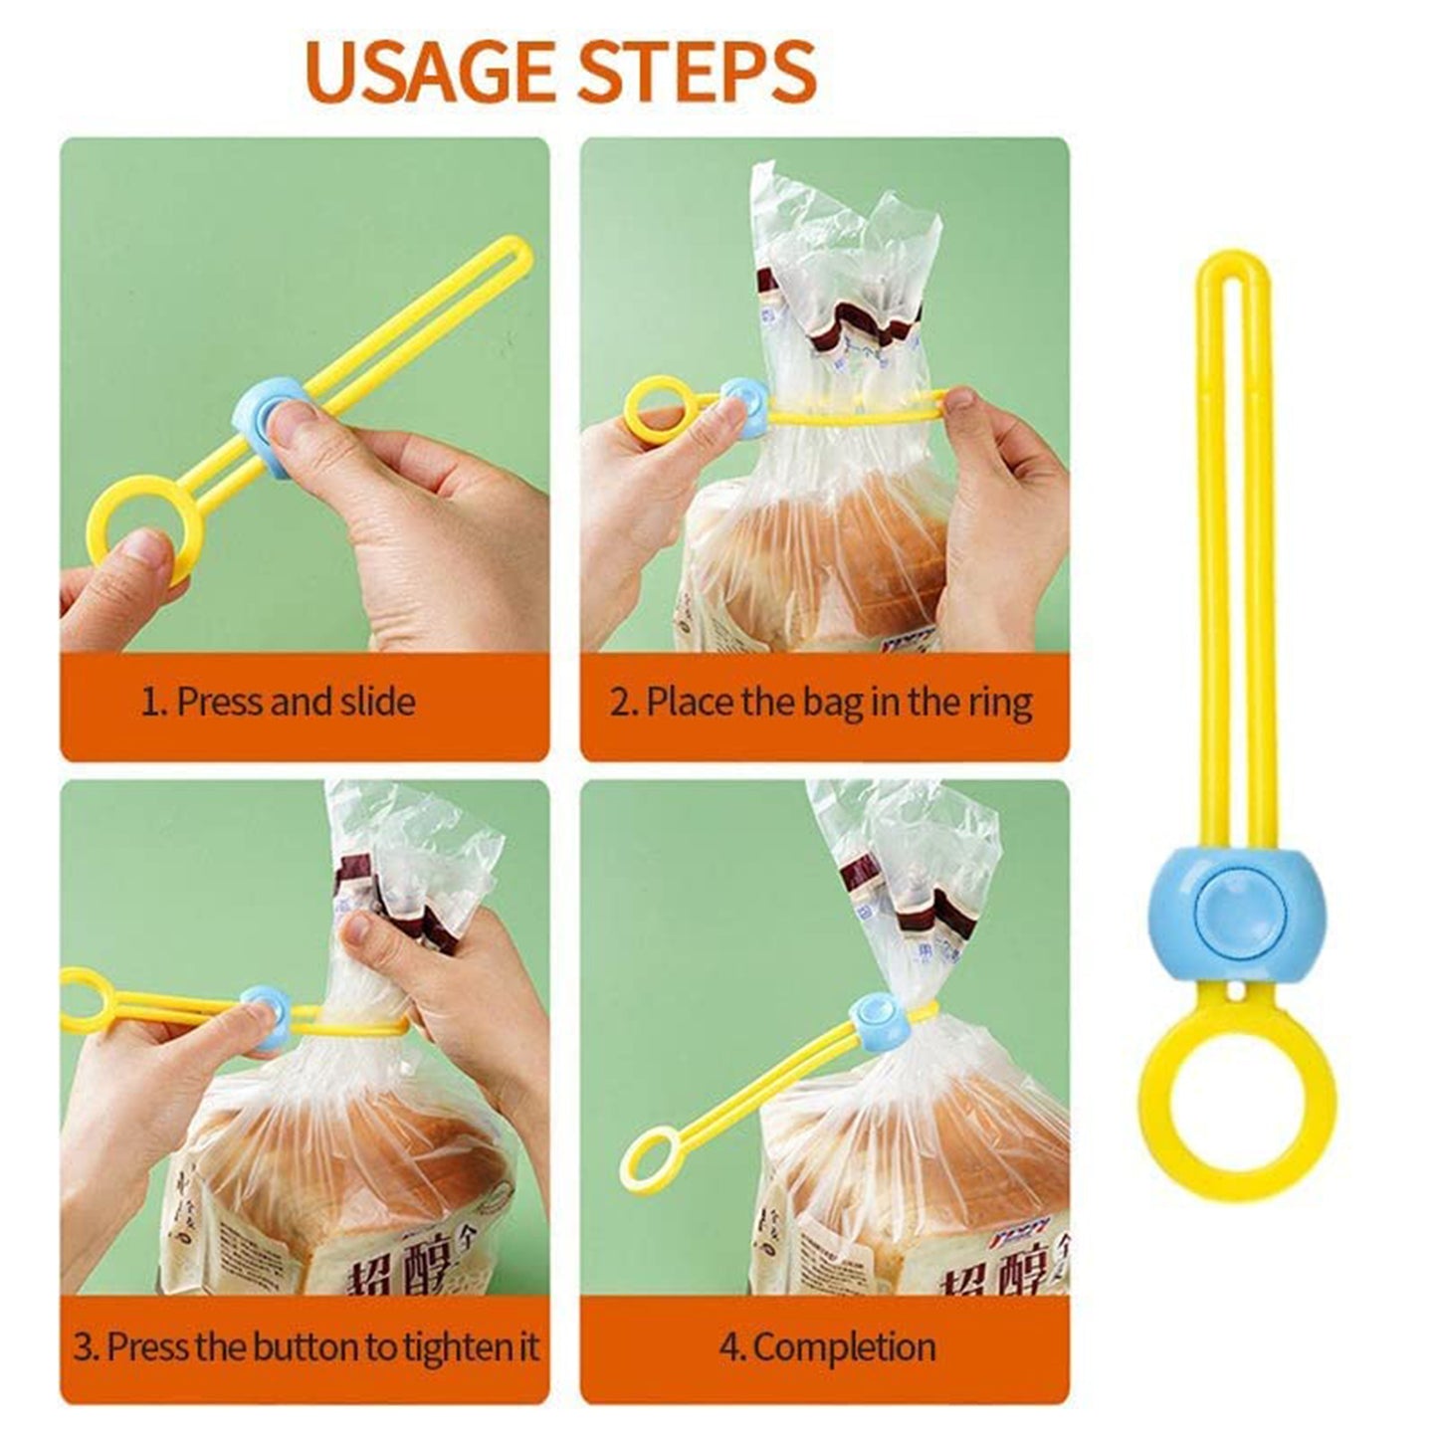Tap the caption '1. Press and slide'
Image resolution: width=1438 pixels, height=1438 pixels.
278,703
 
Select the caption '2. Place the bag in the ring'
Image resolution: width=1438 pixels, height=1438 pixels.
821,703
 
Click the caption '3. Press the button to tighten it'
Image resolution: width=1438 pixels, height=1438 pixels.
306,1347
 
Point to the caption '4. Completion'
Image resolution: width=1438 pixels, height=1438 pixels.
827,1347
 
